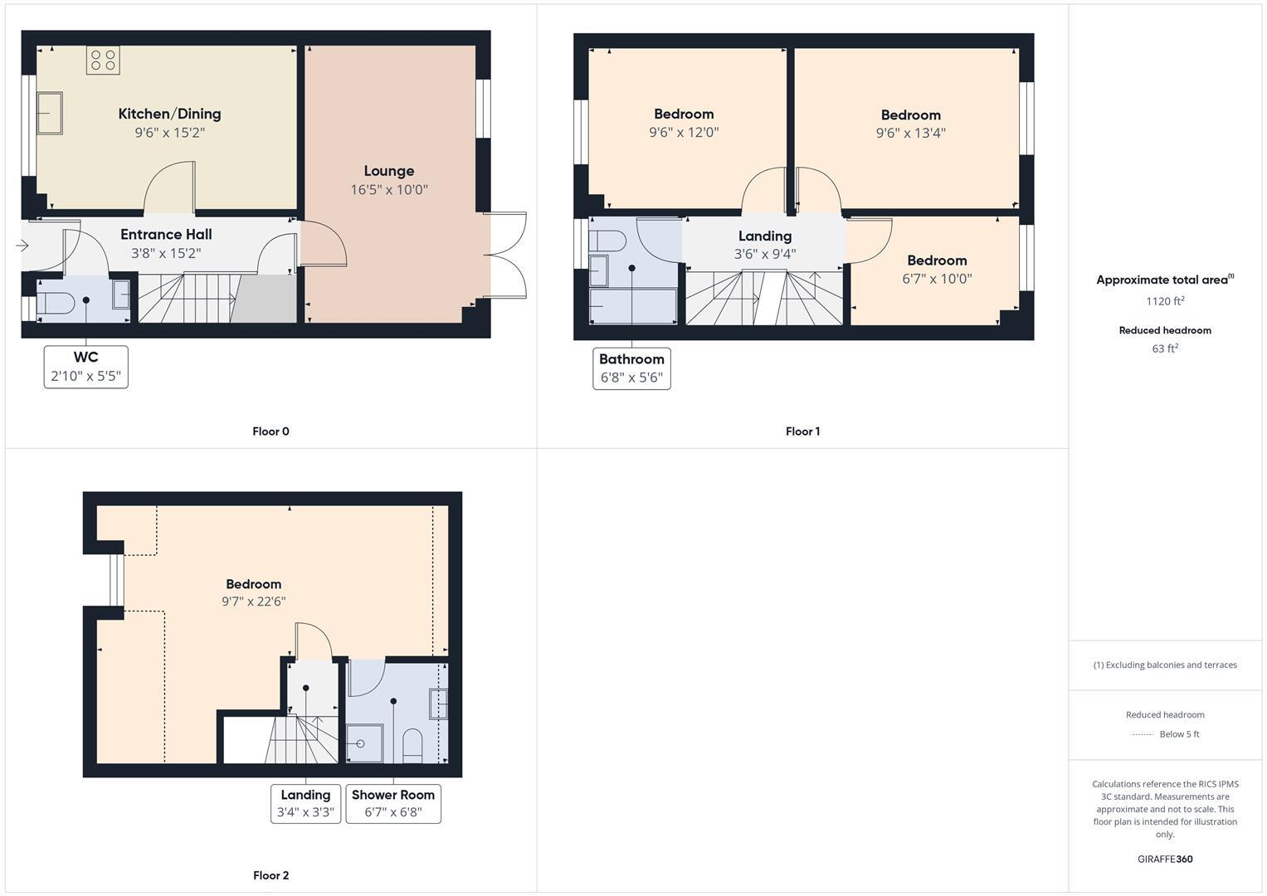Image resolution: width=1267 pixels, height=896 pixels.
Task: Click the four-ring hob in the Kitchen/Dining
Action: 104,60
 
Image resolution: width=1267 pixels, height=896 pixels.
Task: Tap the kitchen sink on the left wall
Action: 50,113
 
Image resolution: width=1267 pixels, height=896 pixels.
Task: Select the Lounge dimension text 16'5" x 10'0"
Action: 389,190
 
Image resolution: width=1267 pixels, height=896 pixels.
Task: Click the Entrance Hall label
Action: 166,235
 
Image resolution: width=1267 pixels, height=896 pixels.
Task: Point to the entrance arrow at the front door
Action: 22,246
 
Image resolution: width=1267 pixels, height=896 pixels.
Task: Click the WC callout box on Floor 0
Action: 86,367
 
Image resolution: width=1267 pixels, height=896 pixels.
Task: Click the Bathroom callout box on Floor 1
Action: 631,368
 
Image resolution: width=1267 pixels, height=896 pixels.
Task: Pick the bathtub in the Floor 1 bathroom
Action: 633,305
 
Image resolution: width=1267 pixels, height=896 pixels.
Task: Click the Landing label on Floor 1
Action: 765,236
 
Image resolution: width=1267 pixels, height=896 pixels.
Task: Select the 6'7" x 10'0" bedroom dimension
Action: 937,280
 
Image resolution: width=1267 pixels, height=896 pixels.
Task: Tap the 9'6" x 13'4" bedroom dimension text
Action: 911,133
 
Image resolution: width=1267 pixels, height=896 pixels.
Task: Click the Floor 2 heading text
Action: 271,875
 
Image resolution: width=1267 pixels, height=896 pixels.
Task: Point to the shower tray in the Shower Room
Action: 364,743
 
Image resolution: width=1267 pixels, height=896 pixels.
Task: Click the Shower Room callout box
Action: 393,803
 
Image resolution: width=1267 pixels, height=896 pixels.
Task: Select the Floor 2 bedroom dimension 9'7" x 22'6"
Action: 253,601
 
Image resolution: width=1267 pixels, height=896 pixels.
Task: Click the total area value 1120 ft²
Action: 1165,301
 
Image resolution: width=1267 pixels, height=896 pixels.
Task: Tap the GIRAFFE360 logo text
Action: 1165,859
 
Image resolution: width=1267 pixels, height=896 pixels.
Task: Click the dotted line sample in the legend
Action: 1143,734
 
